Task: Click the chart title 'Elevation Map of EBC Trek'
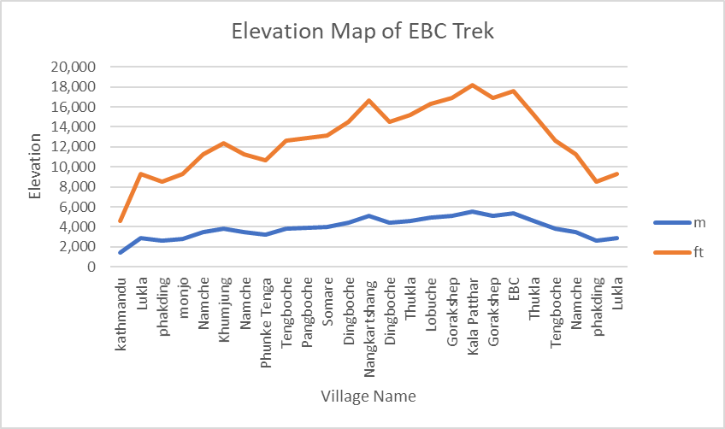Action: [362, 33]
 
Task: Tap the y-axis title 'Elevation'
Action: [35, 167]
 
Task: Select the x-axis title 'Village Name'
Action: [368, 397]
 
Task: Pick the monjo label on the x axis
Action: [184, 294]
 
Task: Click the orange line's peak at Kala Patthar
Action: [473, 85]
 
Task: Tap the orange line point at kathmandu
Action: [121, 220]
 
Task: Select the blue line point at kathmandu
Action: [121, 252]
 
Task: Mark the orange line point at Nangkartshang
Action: [369, 101]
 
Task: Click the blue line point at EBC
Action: [514, 214]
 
